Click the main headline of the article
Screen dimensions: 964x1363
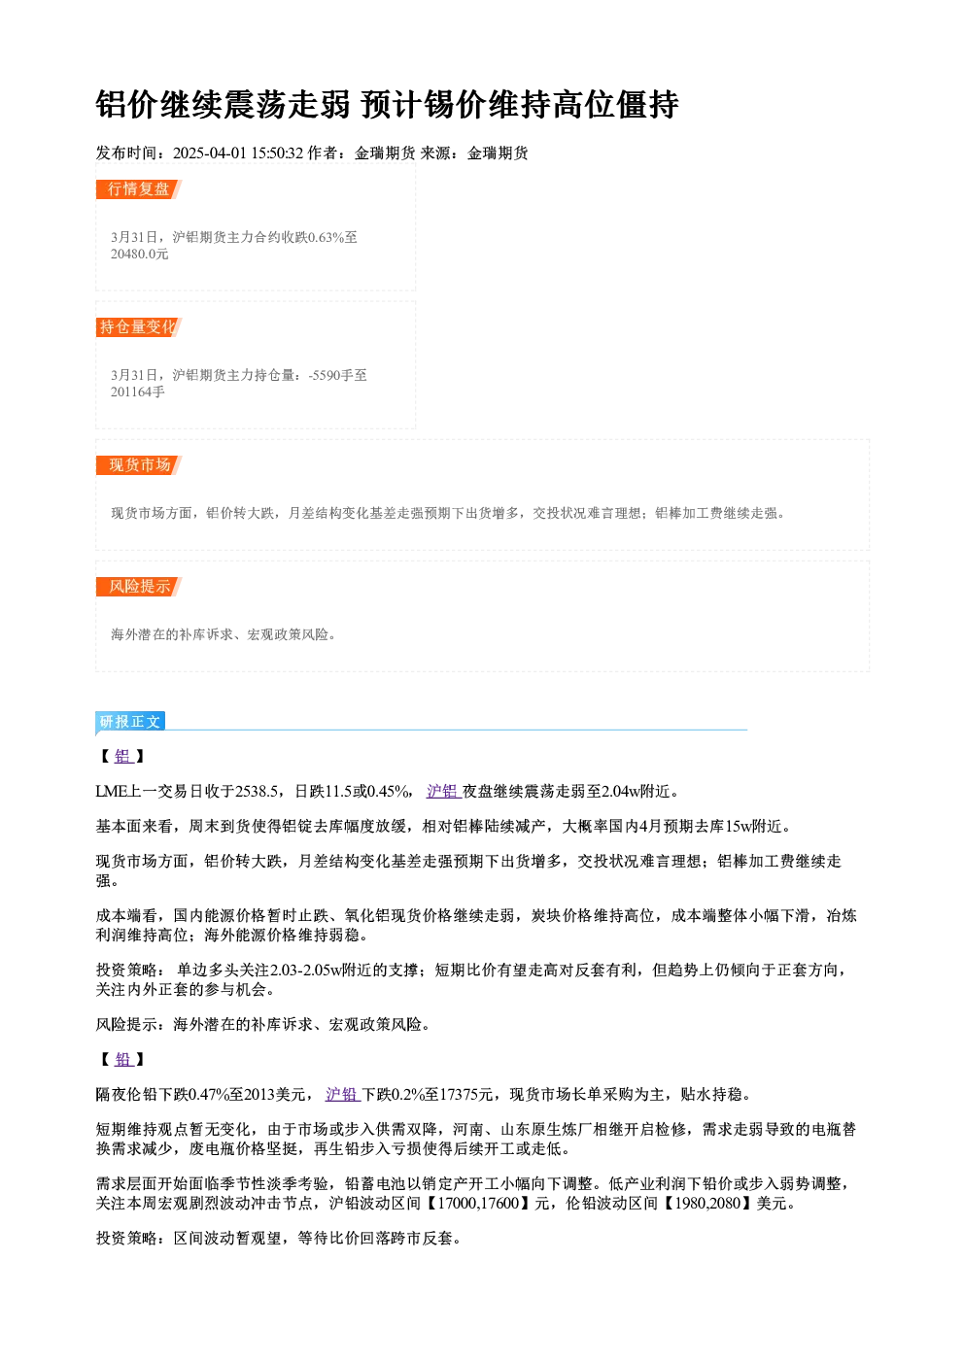coord(387,104)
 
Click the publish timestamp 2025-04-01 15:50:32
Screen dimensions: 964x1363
coord(238,153)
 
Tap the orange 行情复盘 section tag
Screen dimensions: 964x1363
coord(138,189)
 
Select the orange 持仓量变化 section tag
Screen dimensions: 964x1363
coord(138,327)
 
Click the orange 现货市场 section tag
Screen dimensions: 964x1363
coord(138,465)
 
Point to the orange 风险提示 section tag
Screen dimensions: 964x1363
coord(138,587)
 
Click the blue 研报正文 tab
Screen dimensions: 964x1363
coord(130,722)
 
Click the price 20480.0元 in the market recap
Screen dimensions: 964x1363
coord(139,255)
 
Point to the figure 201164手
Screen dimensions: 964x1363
coord(138,392)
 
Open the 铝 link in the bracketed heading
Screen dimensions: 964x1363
coord(123,757)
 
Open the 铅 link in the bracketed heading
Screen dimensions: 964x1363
coord(123,1059)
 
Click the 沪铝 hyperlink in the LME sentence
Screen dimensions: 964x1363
coord(443,791)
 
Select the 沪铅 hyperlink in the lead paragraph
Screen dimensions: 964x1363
coord(343,1095)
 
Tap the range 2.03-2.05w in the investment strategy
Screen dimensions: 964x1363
coord(305,970)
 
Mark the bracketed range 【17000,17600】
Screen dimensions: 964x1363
coord(478,1203)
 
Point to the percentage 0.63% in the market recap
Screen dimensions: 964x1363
coord(327,237)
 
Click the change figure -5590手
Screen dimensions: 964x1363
coord(331,375)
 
